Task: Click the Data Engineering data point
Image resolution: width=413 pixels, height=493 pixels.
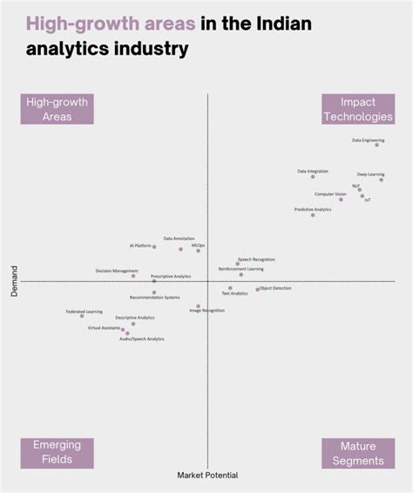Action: pos(377,145)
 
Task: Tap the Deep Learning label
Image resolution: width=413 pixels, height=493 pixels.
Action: pos(370,175)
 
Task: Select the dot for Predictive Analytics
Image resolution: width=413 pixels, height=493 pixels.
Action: pos(313,215)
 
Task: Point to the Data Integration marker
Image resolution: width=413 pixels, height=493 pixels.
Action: pos(313,176)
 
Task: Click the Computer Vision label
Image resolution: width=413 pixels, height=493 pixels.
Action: pos(330,194)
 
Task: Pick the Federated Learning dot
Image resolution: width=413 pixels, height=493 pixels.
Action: pos(83,316)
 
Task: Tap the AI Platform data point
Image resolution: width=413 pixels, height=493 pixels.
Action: pos(154,247)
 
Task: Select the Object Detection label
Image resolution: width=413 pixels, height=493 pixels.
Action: pos(276,288)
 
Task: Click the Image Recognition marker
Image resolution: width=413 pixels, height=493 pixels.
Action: pos(198,306)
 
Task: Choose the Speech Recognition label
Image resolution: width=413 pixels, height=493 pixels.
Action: pos(256,259)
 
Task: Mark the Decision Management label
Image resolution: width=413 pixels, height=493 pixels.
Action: pos(117,270)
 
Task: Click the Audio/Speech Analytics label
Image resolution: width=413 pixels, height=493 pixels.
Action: pos(142,339)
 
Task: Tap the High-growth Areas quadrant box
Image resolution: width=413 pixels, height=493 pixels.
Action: pos(57,109)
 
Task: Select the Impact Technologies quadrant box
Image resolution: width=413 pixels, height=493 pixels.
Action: pos(357,109)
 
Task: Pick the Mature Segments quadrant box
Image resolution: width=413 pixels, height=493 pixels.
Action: pos(357,452)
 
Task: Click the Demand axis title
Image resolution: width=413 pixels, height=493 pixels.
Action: pos(15,282)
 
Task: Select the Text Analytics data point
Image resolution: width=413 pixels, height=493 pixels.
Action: pos(230,288)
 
